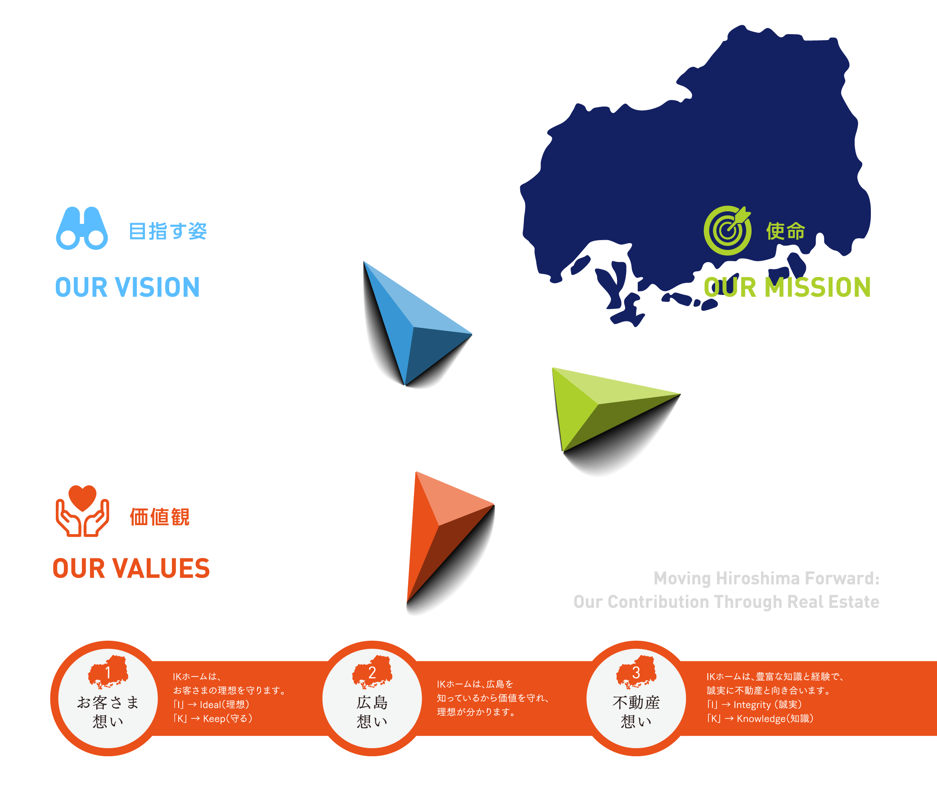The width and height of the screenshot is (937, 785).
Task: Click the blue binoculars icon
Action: tap(82, 228)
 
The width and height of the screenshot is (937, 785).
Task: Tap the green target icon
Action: tap(727, 231)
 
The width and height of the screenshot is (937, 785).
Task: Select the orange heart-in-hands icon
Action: tap(82, 511)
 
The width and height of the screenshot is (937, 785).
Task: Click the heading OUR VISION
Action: tap(127, 288)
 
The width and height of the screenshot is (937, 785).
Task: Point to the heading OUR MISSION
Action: tap(787, 288)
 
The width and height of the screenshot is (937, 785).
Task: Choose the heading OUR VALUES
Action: tap(131, 569)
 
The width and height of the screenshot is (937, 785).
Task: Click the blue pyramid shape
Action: tap(410, 328)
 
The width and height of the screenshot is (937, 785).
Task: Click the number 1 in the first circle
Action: tap(108, 673)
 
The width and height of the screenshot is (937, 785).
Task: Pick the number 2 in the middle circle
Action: tap(372, 673)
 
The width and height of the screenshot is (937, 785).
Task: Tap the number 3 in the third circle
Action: tap(636, 673)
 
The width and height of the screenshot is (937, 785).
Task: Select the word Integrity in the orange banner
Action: tap(752, 705)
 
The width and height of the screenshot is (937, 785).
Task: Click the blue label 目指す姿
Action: tap(168, 232)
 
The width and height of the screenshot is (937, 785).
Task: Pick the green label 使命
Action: tap(785, 232)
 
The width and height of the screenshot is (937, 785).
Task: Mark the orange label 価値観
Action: tap(159, 517)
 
